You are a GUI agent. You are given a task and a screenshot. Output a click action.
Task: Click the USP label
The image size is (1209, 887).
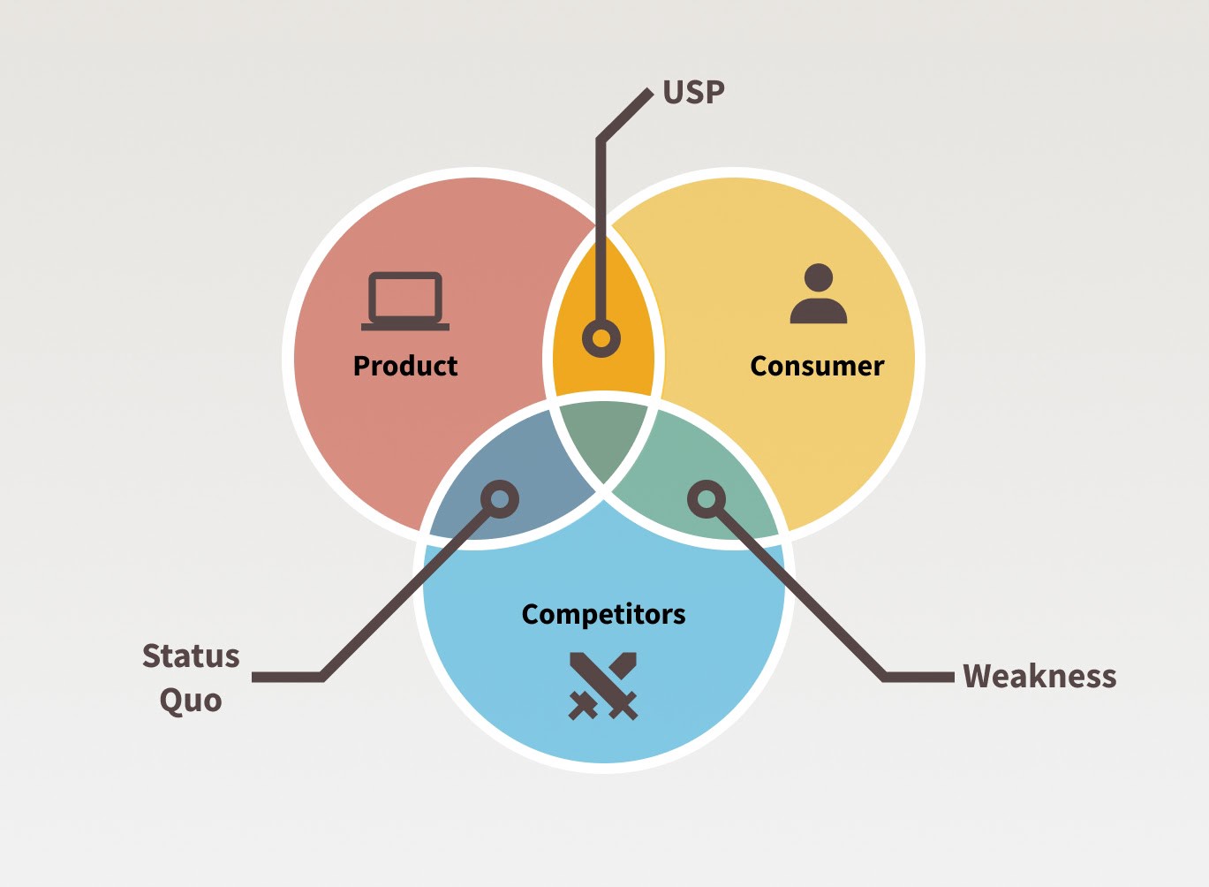coord(693,92)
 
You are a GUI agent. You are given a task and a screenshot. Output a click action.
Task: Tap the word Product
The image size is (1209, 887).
coord(405,366)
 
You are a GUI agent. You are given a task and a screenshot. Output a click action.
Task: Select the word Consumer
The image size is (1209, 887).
coord(817,366)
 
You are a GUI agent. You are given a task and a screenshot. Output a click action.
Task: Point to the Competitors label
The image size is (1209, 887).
coord(603,614)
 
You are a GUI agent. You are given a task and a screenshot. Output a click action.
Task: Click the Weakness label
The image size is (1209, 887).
coord(1039,676)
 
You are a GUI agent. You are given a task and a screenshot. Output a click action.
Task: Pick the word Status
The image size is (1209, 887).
coord(191,656)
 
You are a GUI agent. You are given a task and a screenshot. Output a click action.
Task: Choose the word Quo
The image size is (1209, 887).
coord(191,700)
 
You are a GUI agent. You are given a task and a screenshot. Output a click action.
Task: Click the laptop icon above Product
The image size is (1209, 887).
coord(405,301)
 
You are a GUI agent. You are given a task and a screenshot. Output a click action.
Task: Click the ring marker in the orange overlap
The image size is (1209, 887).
coord(601,338)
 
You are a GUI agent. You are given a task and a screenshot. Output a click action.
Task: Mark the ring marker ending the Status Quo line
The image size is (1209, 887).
coord(500,499)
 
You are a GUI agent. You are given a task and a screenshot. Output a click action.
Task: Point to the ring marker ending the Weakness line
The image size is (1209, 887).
coord(707,499)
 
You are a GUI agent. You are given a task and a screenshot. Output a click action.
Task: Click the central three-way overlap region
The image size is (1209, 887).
coord(603,437)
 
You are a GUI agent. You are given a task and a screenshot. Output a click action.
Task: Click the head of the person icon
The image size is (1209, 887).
coord(819,277)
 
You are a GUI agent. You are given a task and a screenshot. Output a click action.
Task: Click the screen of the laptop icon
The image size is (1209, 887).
coord(405,297)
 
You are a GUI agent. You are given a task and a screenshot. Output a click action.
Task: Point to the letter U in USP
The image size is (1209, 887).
coord(672,92)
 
